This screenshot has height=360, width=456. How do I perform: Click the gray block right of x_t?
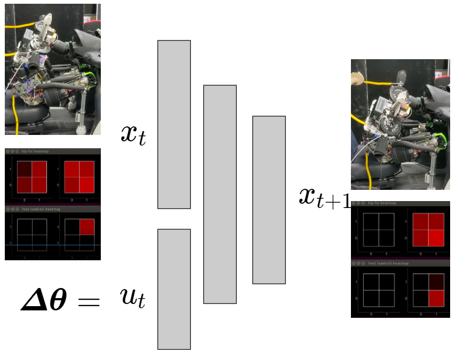click(x=174, y=124)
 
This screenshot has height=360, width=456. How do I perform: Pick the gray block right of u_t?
click(x=174, y=289)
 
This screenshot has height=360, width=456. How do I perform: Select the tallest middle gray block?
click(x=220, y=194)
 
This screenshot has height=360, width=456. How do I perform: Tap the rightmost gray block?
click(x=269, y=199)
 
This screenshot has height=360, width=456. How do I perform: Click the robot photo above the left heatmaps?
click(x=52, y=69)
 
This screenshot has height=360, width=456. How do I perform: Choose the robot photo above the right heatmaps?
click(x=400, y=124)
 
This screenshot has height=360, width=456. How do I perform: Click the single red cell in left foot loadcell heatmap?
click(x=86, y=227)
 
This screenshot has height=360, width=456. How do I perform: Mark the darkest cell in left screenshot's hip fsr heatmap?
click(x=24, y=169)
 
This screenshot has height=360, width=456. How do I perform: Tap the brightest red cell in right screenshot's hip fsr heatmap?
click(x=436, y=237)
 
